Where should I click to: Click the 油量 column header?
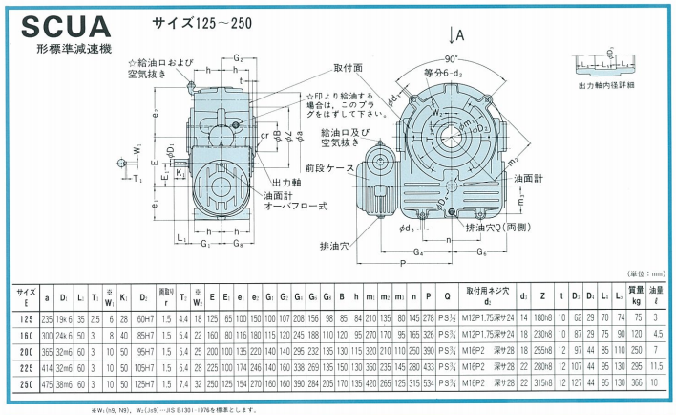[x=657, y=293]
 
